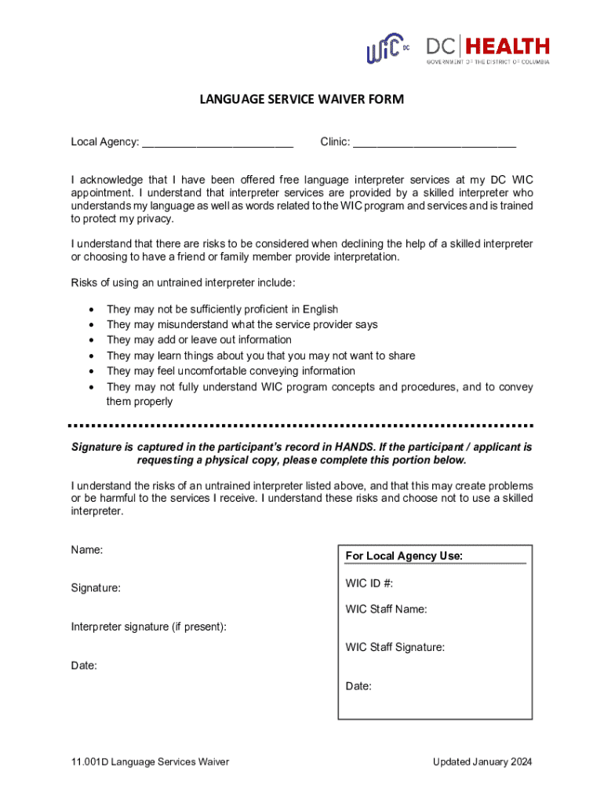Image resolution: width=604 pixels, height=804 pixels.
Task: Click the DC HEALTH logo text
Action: (x=488, y=48)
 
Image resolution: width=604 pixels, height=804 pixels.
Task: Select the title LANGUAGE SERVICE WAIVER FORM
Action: (x=302, y=99)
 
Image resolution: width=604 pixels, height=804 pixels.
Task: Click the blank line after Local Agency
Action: (x=217, y=142)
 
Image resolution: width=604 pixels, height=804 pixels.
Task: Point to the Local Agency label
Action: (x=105, y=142)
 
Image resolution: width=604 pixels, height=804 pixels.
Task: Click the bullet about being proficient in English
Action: (x=222, y=309)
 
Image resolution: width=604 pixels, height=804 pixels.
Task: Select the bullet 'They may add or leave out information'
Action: (x=198, y=340)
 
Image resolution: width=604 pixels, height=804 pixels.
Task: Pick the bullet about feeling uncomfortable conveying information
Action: (x=231, y=371)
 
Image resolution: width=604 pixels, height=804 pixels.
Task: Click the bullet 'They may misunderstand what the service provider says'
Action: (x=242, y=324)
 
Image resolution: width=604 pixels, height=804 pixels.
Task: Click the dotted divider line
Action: (x=302, y=426)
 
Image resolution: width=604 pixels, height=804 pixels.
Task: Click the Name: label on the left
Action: (x=87, y=550)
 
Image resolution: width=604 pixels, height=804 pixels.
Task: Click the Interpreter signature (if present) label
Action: (x=149, y=627)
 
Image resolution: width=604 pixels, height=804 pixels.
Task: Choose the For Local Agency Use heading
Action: (x=404, y=556)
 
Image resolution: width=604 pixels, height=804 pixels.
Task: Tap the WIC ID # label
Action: (x=369, y=583)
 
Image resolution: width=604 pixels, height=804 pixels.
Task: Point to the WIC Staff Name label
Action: (x=386, y=609)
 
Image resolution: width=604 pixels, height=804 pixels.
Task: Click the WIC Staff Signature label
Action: (x=395, y=648)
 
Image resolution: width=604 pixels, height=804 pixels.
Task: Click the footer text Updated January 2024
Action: (x=482, y=762)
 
